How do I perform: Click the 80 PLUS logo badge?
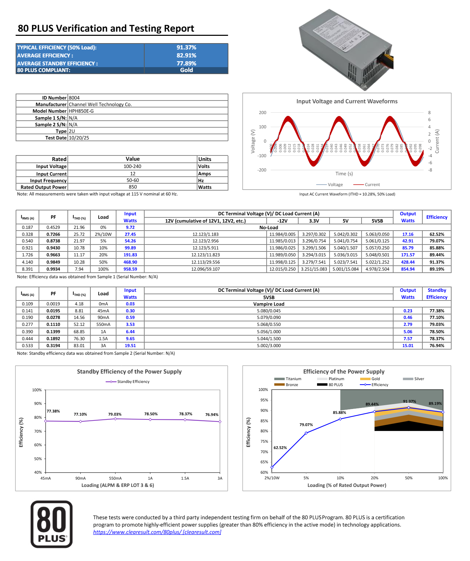click(51, 524)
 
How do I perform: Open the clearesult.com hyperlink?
click(157, 532)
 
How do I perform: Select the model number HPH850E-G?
click(81, 111)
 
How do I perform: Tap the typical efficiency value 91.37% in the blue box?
click(186, 47)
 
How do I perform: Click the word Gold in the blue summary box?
click(186, 70)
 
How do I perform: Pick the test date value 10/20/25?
click(79, 138)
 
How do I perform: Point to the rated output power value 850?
click(132, 187)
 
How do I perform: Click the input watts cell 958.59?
click(130, 269)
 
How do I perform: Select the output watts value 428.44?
click(407, 262)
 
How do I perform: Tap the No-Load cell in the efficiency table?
click(268, 227)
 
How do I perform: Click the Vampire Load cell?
click(268, 304)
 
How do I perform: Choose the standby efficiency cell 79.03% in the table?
click(437, 324)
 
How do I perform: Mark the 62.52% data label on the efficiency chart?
click(280, 448)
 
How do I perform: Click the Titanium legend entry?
click(288, 379)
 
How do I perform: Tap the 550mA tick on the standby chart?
click(115, 478)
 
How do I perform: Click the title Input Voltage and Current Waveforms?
click(347, 101)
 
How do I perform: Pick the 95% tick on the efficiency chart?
click(264, 400)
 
